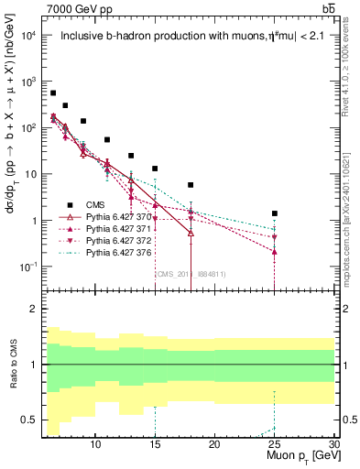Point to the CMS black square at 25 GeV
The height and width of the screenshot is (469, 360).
click(x=274, y=213)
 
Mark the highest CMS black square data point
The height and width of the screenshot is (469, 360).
click(x=53, y=93)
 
